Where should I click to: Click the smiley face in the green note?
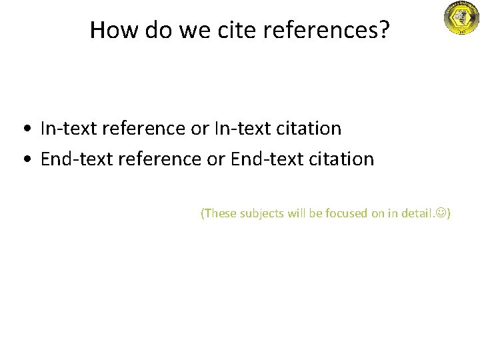coord(442,213)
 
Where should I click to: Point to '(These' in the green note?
coord(217,213)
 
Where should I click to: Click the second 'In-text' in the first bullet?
coord(238,128)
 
